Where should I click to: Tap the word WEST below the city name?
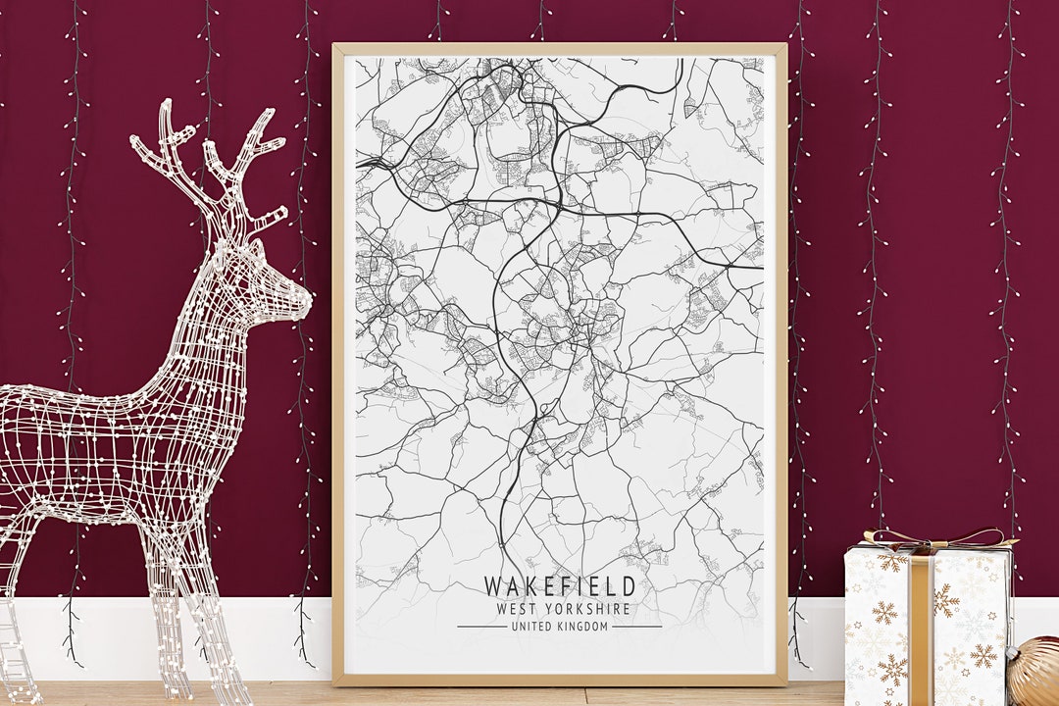[516, 609]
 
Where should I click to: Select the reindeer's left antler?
[167, 147]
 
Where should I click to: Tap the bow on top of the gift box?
[932, 538]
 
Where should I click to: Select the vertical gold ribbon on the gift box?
[921, 628]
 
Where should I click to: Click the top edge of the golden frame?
[559, 47]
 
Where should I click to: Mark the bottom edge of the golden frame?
[559, 680]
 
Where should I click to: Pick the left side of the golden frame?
[338, 363]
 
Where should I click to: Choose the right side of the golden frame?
[781, 363]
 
